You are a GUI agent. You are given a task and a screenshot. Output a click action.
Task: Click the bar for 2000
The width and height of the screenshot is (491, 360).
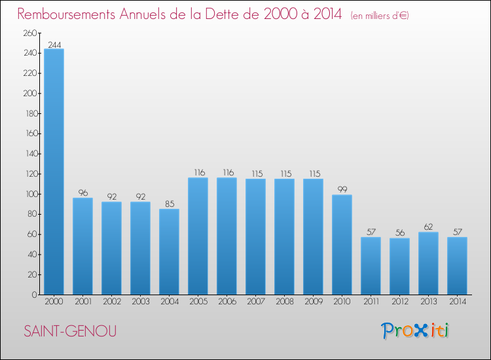(x=54, y=171)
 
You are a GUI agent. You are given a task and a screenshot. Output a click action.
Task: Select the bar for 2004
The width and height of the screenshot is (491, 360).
(x=169, y=251)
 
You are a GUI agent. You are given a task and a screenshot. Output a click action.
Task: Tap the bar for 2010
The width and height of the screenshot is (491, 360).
(x=342, y=245)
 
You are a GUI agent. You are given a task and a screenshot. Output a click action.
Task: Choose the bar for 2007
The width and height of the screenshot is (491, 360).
(x=255, y=236)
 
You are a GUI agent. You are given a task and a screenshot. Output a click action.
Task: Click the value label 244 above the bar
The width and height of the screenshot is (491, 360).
(x=54, y=45)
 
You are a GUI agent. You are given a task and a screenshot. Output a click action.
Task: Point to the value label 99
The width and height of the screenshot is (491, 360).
(x=342, y=190)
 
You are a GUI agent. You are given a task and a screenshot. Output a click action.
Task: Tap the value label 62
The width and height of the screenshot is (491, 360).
(x=428, y=227)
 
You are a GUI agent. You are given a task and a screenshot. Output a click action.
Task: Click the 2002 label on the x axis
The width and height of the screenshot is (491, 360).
(x=111, y=302)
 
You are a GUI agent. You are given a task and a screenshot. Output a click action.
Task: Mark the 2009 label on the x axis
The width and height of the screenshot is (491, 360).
(x=313, y=302)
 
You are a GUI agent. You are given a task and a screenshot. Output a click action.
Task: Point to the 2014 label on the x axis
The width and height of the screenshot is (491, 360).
(x=457, y=302)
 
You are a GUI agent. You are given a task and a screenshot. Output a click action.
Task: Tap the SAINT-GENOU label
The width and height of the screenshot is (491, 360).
(x=70, y=331)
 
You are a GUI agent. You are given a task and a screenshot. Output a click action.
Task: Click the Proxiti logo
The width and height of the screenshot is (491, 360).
(x=415, y=331)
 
